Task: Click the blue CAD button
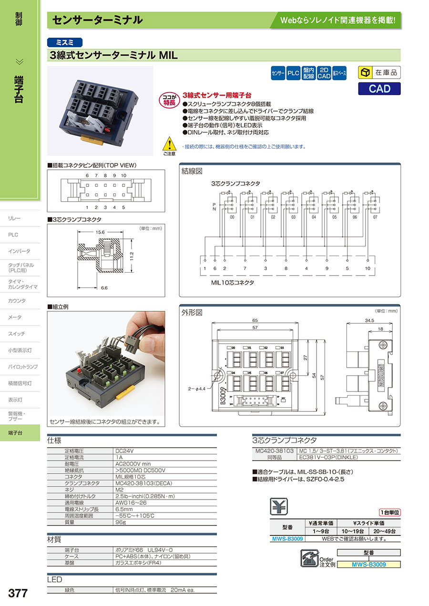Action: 379,89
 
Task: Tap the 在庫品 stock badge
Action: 379,73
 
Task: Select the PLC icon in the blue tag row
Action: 293,73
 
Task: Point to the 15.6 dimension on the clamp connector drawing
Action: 101,232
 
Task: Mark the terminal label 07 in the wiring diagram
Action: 375,217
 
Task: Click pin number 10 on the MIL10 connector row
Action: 368,268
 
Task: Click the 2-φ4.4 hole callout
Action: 198,389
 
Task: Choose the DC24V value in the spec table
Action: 124,450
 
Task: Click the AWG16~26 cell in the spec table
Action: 129,503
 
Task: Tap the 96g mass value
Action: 121,522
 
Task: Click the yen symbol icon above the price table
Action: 279,506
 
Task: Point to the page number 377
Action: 18,593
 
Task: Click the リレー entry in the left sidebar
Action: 15,218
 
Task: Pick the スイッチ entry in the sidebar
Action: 17,334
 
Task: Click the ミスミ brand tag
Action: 65,42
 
